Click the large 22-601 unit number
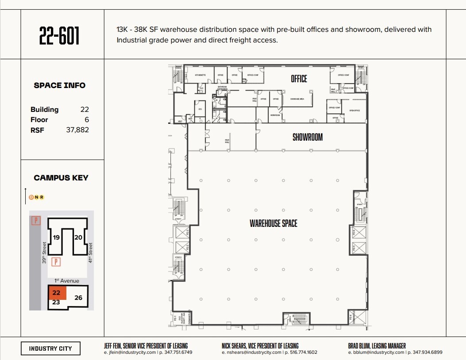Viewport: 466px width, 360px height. pyautogui.click(x=59, y=36)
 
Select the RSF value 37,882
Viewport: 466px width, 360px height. pyautogui.click(x=77, y=130)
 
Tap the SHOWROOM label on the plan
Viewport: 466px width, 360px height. pyautogui.click(x=307, y=138)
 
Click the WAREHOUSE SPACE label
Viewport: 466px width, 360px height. pyautogui.click(x=273, y=223)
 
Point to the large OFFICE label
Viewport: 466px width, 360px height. pyautogui.click(x=299, y=79)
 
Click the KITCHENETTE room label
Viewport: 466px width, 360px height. pyautogui.click(x=200, y=75)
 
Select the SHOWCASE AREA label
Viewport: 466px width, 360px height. pyautogui.click(x=297, y=99)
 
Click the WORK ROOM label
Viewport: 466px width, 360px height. pyautogui.click(x=276, y=115)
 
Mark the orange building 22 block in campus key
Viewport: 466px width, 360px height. pyautogui.click(x=57, y=293)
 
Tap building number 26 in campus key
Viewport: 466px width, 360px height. pyautogui.click(x=78, y=298)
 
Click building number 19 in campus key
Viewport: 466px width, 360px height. pyautogui.click(x=56, y=237)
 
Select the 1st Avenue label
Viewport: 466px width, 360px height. pyautogui.click(x=67, y=281)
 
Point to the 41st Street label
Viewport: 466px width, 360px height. pyautogui.click(x=90, y=253)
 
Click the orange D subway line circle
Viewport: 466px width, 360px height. pyautogui.click(x=31, y=197)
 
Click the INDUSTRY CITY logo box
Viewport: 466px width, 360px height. pyautogui.click(x=50, y=349)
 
